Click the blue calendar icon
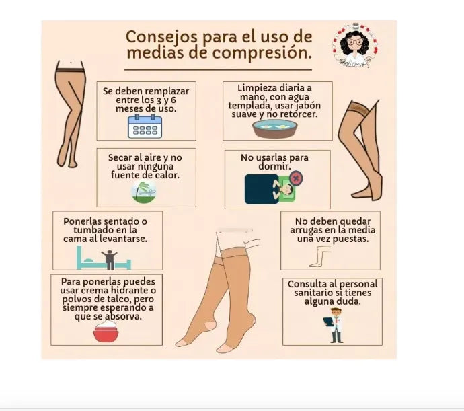click(x=145, y=126)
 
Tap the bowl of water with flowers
click(x=274, y=128)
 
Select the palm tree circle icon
click(x=144, y=192)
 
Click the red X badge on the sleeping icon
click(x=295, y=178)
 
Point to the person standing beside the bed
click(x=110, y=260)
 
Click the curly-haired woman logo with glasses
click(x=355, y=45)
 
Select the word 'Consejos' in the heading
click(x=161, y=37)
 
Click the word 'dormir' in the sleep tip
click(x=274, y=166)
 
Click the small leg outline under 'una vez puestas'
click(x=319, y=256)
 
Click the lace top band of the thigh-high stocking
click(x=359, y=108)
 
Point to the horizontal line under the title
click(x=218, y=70)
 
